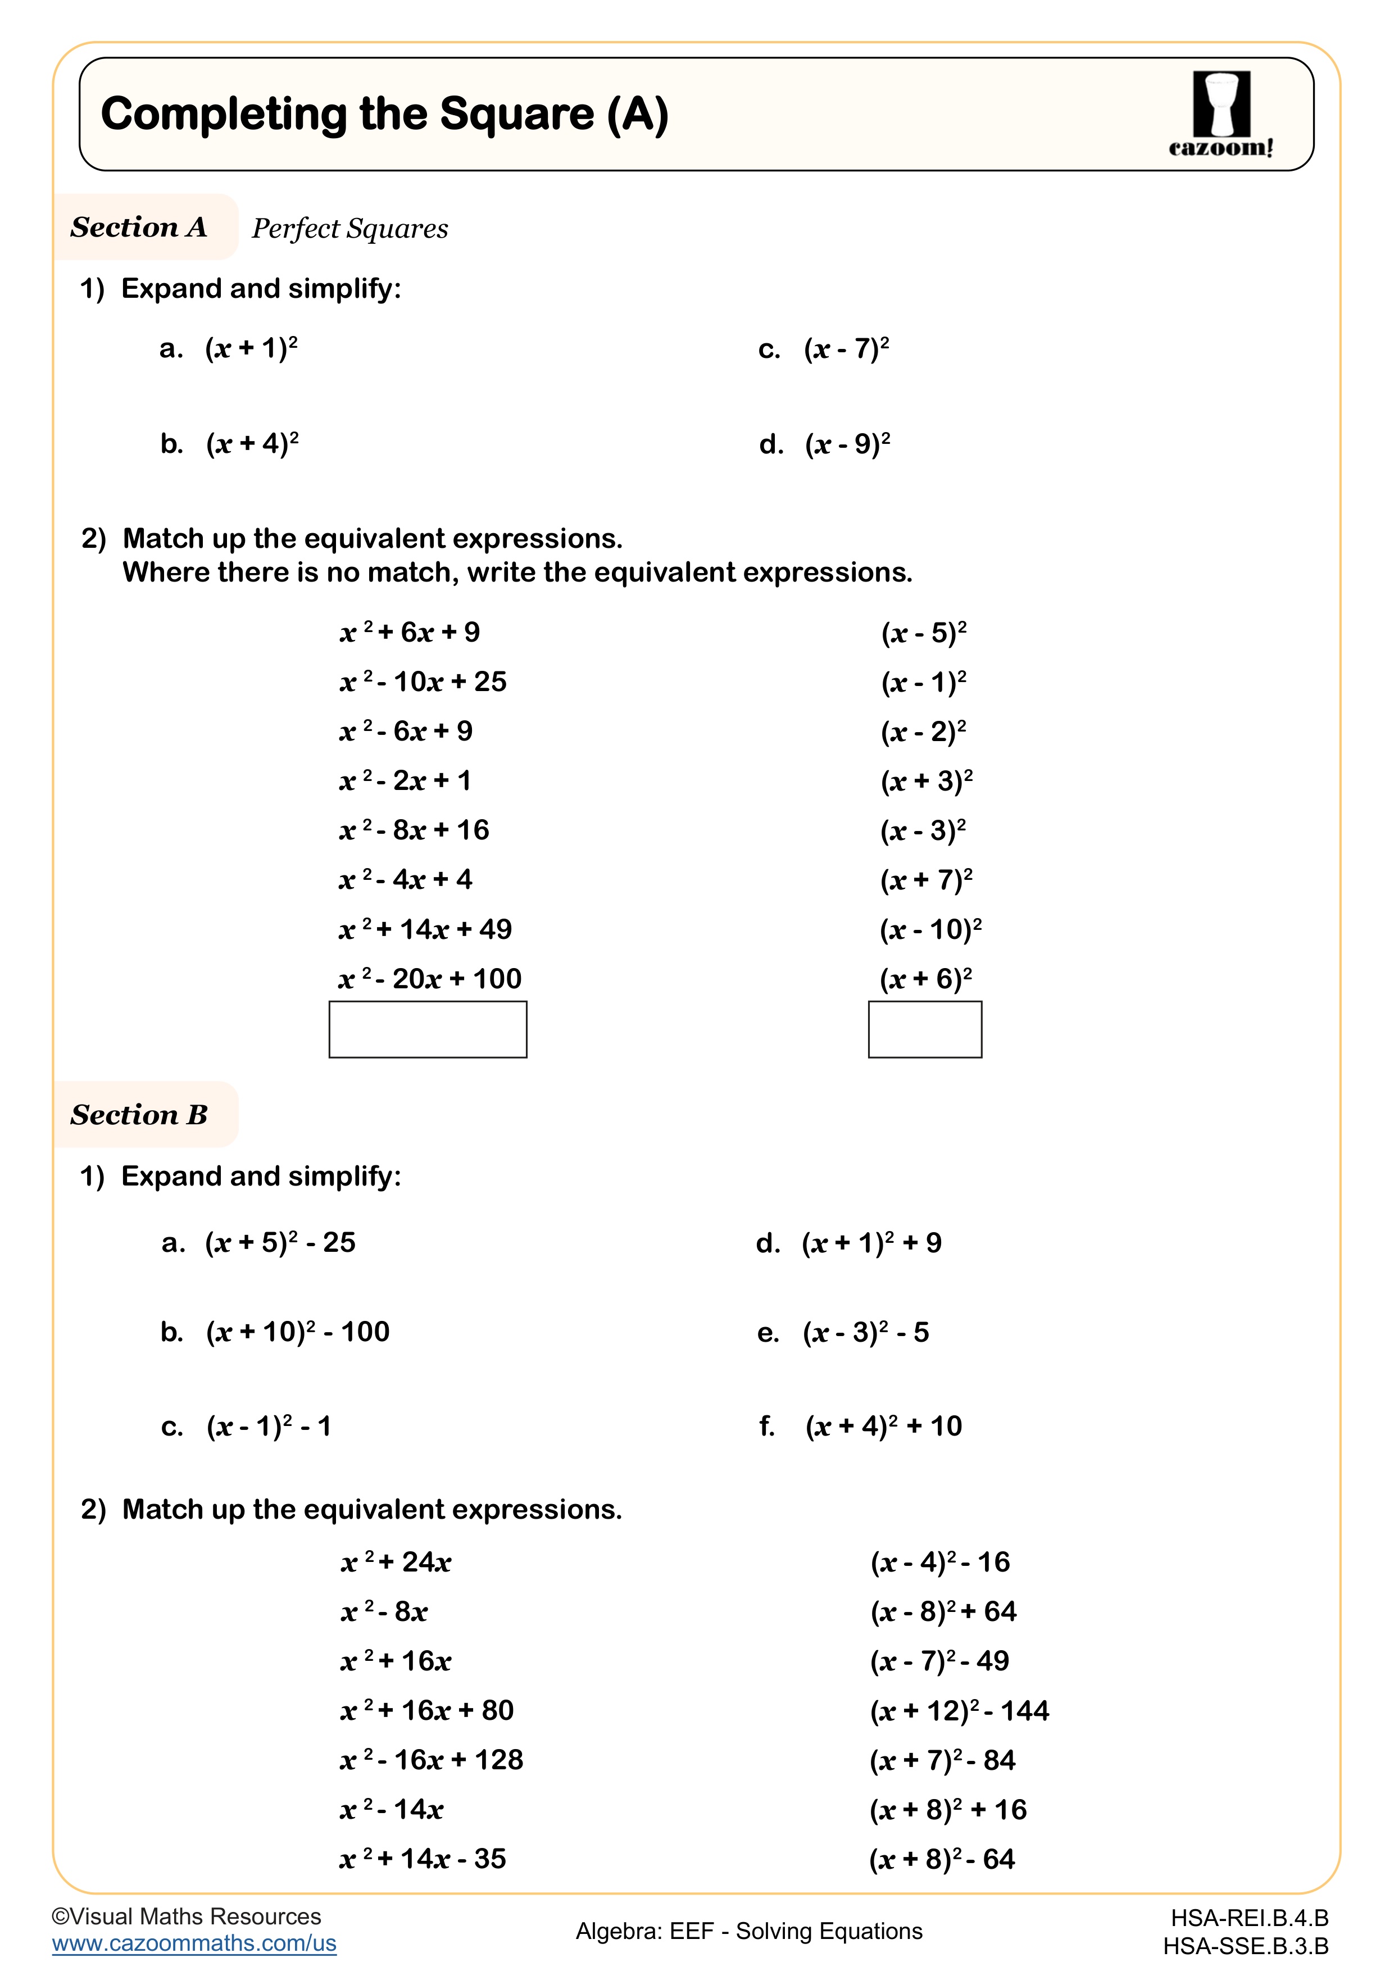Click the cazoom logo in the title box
1220,114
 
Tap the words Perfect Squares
349,228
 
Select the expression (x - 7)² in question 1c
846,348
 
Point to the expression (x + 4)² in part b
252,444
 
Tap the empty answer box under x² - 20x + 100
428,1029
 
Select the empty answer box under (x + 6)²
924,1029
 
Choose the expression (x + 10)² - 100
297,1332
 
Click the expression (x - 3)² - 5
865,1332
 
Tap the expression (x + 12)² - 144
959,1711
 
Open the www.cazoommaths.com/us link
194,1943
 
